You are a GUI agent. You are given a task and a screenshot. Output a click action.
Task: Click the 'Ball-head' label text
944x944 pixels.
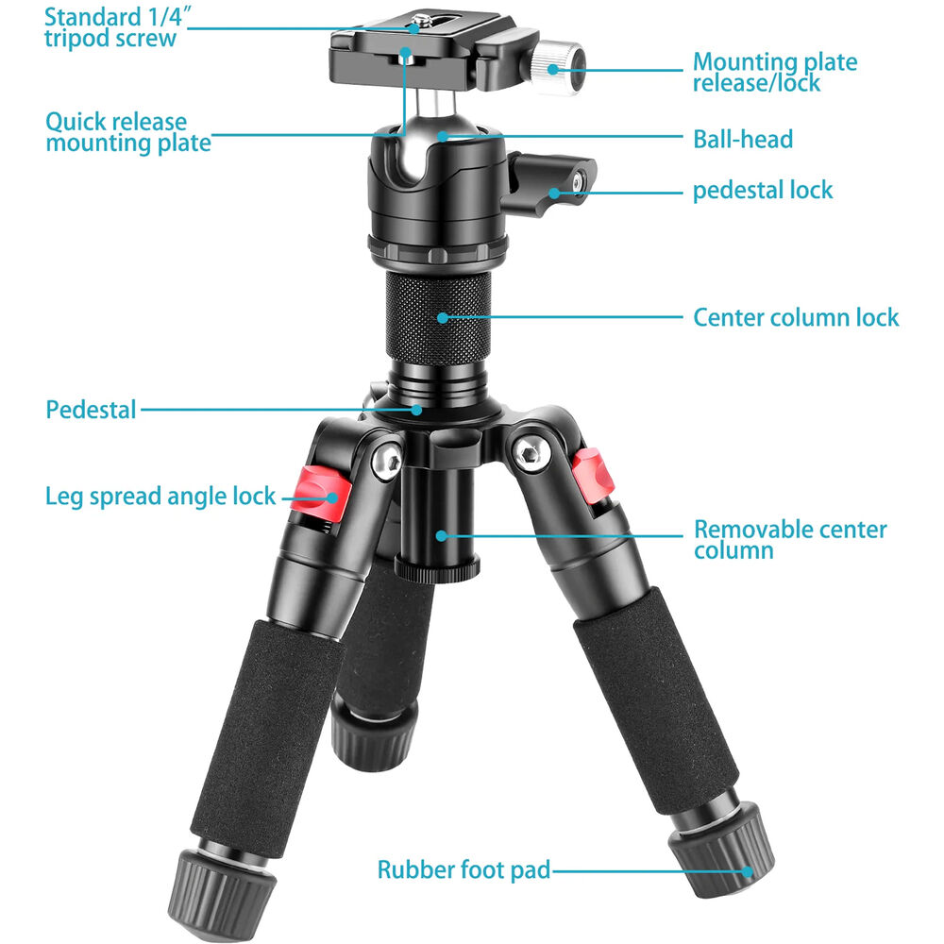(x=743, y=139)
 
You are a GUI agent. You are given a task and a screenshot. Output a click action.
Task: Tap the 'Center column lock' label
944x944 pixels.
(x=796, y=317)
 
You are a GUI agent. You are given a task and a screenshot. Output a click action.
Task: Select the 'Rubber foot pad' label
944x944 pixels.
(x=464, y=870)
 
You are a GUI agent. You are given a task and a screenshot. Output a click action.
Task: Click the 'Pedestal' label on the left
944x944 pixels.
(x=91, y=410)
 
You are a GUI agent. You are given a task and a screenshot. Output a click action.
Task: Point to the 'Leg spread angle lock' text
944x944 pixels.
(x=160, y=497)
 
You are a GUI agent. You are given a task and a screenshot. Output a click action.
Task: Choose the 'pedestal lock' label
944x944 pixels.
(x=763, y=191)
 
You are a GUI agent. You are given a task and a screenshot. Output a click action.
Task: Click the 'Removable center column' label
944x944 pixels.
(x=790, y=539)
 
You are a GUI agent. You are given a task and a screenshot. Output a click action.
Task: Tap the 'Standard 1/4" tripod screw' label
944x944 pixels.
(x=116, y=27)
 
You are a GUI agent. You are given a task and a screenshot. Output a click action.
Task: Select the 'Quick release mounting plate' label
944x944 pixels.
(x=128, y=132)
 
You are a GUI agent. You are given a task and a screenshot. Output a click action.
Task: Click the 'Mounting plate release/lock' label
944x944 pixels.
(x=775, y=72)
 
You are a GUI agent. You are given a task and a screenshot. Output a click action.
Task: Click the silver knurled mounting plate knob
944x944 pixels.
(x=558, y=66)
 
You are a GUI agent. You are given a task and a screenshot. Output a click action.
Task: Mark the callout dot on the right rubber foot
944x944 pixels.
(x=747, y=871)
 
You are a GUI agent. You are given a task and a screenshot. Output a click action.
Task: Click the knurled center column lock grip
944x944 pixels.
(x=438, y=318)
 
